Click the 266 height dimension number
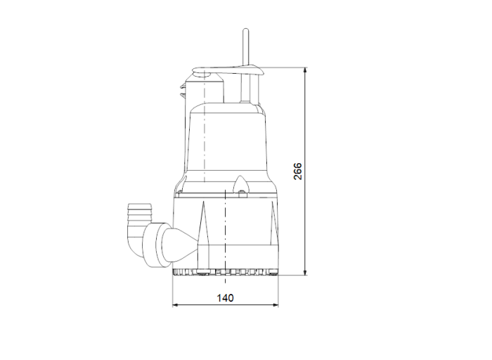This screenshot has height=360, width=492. [x=298, y=172]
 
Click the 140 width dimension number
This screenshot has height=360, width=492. [x=225, y=297]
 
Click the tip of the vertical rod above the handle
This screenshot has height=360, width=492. [x=245, y=32]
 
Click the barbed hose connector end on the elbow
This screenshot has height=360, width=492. [x=134, y=211]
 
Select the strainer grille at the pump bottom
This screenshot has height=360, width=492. [x=225, y=271]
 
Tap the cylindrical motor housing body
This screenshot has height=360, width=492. [x=225, y=141]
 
